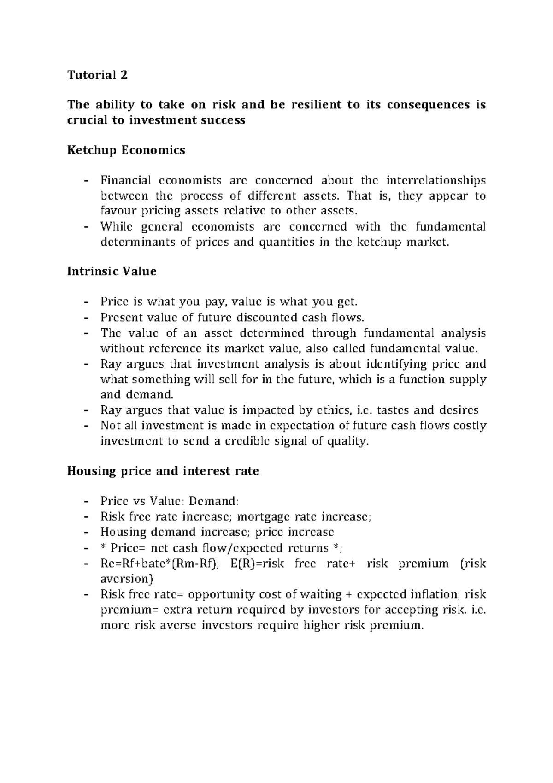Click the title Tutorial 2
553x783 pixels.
click(x=97, y=75)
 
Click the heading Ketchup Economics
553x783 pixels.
click(x=126, y=150)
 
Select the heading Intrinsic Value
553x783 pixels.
click(x=112, y=271)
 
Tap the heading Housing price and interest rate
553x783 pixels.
click(x=163, y=471)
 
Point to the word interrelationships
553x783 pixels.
click(x=436, y=180)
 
